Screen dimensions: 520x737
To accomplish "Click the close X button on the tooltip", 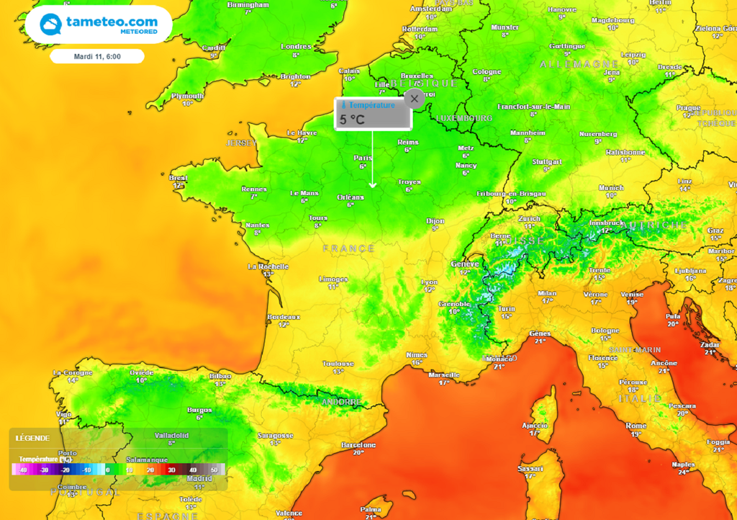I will coord(414,99).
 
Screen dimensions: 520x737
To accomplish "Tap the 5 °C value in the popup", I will coord(353,120).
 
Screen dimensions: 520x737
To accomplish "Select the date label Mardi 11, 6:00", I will coord(97,56).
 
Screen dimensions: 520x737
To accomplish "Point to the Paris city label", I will coord(363,158).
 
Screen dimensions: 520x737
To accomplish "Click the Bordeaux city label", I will coord(283,317).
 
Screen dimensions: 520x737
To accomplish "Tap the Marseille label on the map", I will coord(443,375).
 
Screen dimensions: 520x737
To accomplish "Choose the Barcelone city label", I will coord(358,445).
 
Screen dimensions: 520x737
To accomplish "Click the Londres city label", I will coord(296,47).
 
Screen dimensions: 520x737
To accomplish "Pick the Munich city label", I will coord(611,187).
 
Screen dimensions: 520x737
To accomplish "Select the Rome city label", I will coord(636,426).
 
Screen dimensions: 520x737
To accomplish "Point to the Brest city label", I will coord(178,178).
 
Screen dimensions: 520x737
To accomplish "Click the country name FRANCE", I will coord(348,248).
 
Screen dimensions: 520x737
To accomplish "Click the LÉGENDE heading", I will coord(32,438).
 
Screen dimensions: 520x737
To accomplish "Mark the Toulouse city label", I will coord(338,364).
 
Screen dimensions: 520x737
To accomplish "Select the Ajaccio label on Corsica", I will coord(535,425).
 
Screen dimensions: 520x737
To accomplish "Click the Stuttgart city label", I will coord(547,162).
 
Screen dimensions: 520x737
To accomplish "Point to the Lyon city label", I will coord(429,282).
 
